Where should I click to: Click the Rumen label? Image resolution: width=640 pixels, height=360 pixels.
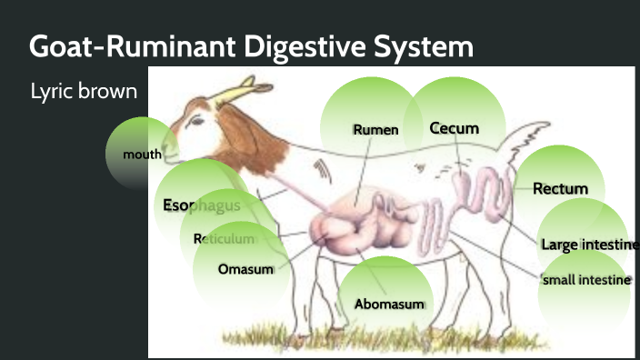coord(375,130)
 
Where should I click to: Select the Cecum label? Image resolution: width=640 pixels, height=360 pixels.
coord(454,128)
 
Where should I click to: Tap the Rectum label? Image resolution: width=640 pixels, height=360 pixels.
coord(560,189)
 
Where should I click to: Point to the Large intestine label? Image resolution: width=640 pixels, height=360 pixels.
coord(585,245)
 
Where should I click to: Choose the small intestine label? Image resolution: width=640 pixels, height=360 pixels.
coord(585,280)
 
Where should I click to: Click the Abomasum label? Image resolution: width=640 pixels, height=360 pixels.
coord(389,304)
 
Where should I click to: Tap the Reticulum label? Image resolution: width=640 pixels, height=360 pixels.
coord(224,239)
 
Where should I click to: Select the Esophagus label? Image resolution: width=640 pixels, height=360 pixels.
coord(201,205)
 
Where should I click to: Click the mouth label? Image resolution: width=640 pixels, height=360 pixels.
coord(142,155)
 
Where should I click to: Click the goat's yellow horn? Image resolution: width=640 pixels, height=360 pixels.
coord(247,90)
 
